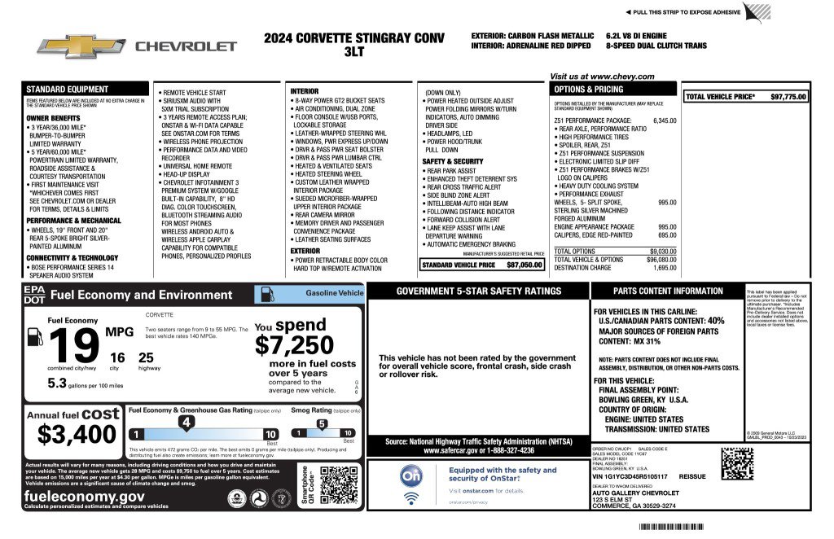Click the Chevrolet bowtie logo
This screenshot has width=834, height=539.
coord(78,46)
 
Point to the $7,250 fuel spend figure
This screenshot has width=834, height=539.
coord(294,345)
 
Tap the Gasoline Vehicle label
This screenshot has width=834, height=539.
coord(334,292)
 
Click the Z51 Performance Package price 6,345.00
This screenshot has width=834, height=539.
coord(664,121)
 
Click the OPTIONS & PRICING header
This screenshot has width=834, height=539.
coord(589,89)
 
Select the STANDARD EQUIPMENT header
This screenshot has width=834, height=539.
coord(68,89)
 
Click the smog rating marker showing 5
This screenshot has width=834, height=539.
coord(322,423)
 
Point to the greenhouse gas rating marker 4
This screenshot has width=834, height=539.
coord(187,422)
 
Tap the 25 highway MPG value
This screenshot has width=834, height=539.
coord(146,357)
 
